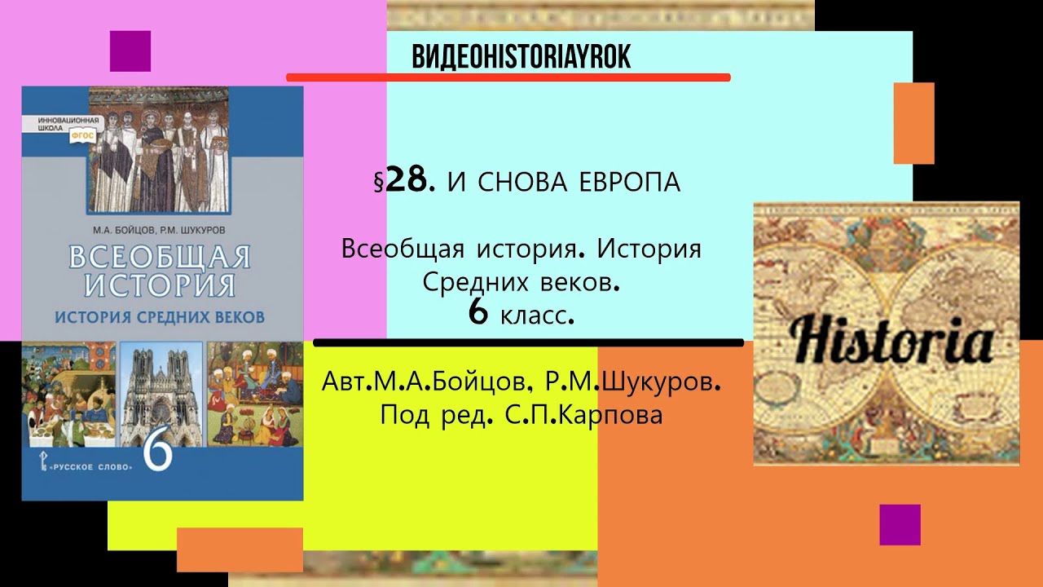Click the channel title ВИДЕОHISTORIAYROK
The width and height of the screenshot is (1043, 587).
[521, 56]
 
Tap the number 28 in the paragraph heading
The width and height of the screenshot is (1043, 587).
[405, 182]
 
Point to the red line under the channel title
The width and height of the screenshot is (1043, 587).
[508, 77]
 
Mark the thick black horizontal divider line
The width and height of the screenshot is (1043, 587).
[528, 342]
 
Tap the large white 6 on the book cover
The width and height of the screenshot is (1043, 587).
[158, 452]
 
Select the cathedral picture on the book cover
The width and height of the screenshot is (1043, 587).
[161, 395]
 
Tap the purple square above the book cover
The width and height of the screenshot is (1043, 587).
[130, 51]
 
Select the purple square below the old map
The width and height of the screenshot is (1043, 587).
[900, 524]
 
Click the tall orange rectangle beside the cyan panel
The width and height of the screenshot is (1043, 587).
[913, 123]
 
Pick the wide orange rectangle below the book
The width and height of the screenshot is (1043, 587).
[240, 549]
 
